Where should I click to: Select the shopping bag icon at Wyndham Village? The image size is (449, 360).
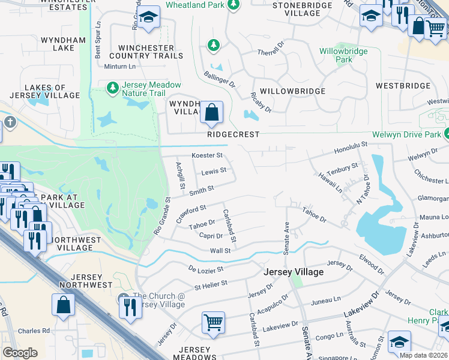[x=211, y=112]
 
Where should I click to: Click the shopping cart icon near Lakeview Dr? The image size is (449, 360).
[x=213, y=323]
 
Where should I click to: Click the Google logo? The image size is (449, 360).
[x=20, y=352]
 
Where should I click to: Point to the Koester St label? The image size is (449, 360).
[x=206, y=155]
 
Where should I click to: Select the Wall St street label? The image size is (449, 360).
[x=220, y=250]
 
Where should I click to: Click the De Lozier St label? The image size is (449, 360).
[x=206, y=269]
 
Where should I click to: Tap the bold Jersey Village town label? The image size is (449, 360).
[x=294, y=272]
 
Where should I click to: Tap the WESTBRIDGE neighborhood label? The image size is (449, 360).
[x=403, y=86]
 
